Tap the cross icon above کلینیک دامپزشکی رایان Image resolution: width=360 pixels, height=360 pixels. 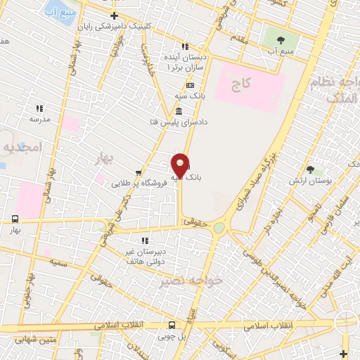pos(114,15)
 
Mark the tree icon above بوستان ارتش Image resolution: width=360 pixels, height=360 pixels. pos(310,169)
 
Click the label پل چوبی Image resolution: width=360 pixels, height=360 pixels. pos(172,335)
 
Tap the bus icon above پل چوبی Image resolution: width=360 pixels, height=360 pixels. pos(172,325)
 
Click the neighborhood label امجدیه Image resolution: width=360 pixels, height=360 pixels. pos(23,146)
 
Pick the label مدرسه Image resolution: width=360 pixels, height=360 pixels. pos(40,120)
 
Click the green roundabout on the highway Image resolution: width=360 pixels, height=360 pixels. pos(219,228)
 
